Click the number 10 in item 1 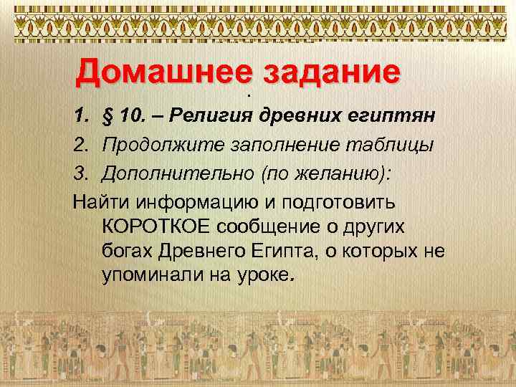click(131, 117)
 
